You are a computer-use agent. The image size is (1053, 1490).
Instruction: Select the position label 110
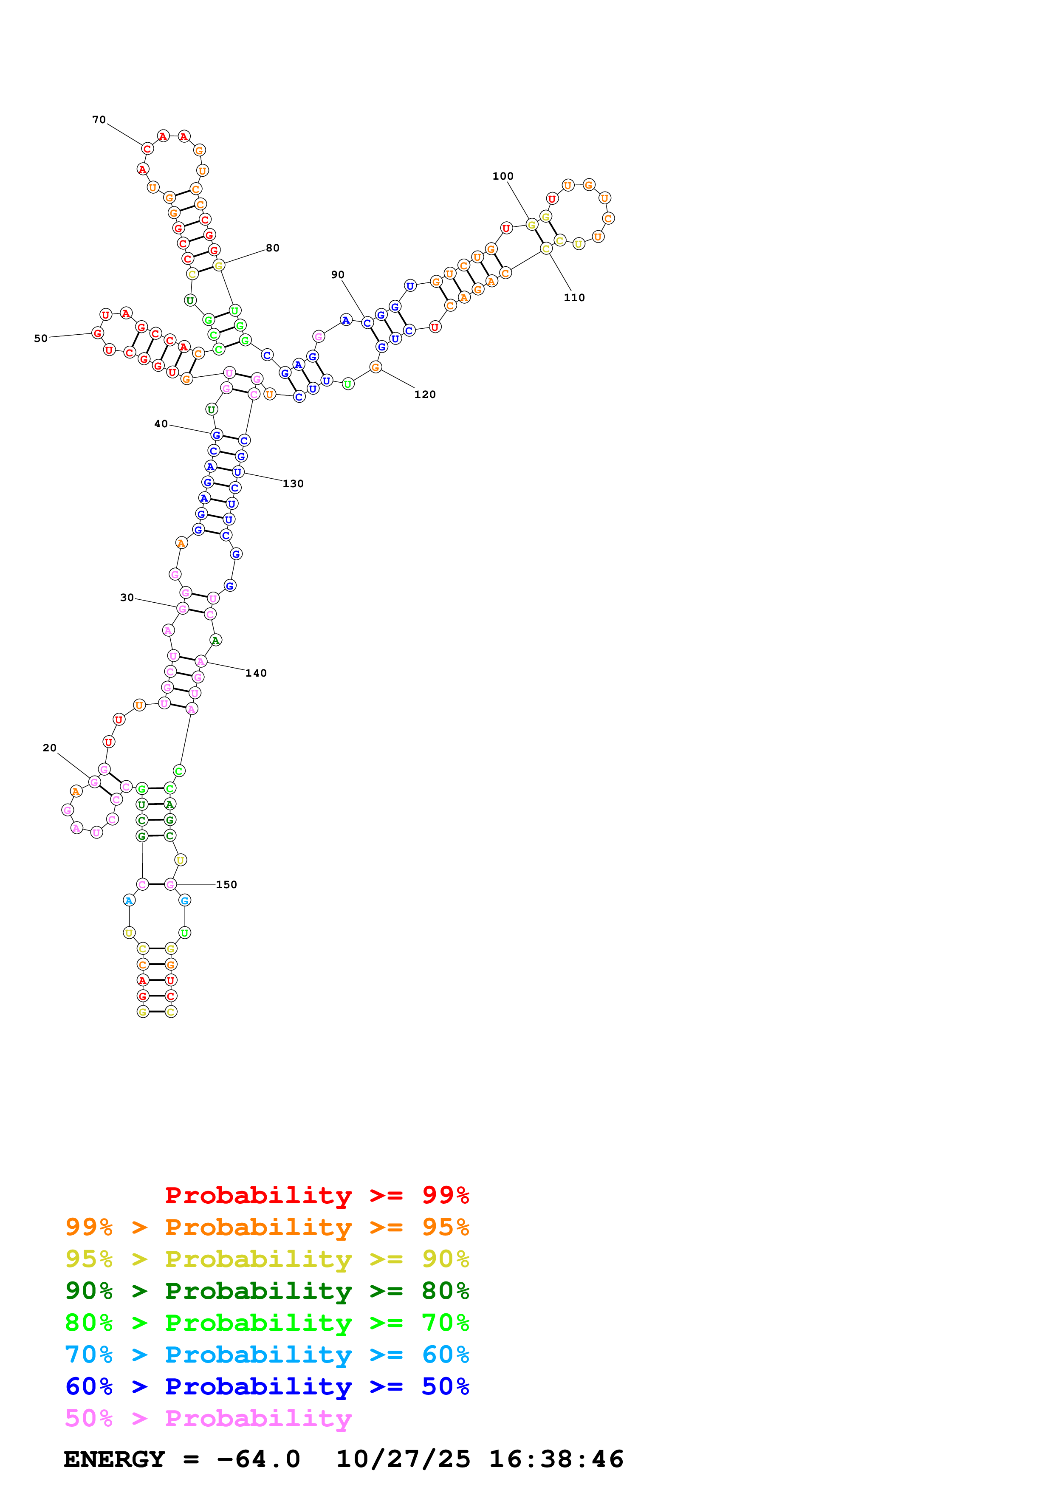tap(574, 297)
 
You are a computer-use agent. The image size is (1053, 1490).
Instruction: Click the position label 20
tap(49, 748)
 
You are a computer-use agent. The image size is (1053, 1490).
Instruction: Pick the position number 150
tap(226, 884)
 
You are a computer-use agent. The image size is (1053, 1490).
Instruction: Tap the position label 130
tap(293, 483)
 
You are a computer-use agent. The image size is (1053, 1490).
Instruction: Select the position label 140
tap(256, 673)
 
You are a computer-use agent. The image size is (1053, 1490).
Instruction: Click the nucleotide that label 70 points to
tap(147, 149)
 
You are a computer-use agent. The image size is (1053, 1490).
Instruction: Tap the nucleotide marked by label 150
tap(170, 884)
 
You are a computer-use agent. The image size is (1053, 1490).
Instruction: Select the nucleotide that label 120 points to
tap(375, 367)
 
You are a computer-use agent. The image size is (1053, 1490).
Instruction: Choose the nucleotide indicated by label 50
tap(97, 333)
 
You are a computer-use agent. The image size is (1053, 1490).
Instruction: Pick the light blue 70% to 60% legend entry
tap(267, 1355)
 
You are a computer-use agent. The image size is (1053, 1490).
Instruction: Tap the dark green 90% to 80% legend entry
tap(267, 1291)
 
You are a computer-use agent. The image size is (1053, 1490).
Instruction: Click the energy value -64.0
tap(258, 1459)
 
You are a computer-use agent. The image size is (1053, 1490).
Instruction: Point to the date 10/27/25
tap(403, 1459)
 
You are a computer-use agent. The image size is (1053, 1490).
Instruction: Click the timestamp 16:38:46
tap(556, 1459)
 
